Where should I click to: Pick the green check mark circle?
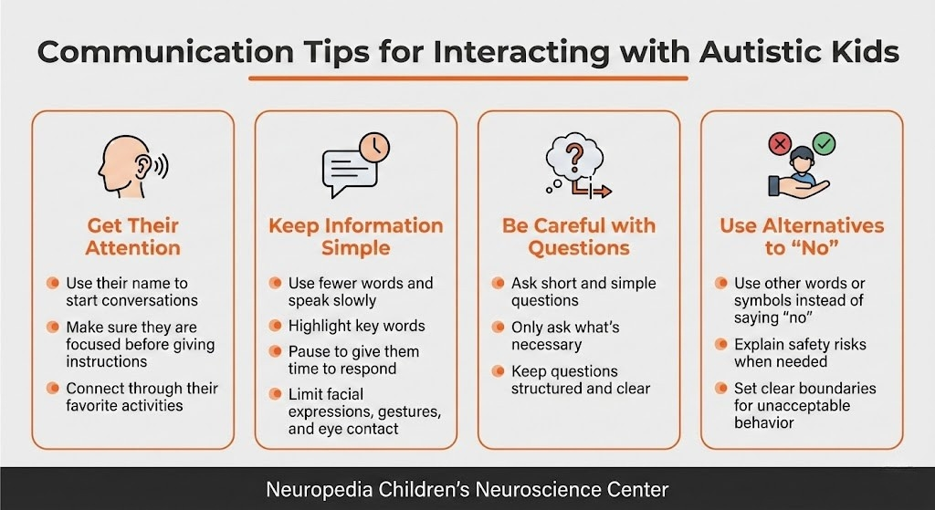[825, 144]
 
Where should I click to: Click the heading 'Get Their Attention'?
[133, 236]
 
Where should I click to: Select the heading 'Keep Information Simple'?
[355, 236]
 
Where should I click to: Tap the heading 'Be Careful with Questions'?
[579, 236]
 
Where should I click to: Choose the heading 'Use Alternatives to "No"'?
[802, 236]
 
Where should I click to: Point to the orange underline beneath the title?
[467, 78]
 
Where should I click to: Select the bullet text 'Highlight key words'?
[356, 326]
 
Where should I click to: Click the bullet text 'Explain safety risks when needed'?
[800, 353]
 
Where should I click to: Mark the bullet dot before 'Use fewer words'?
[275, 284]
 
